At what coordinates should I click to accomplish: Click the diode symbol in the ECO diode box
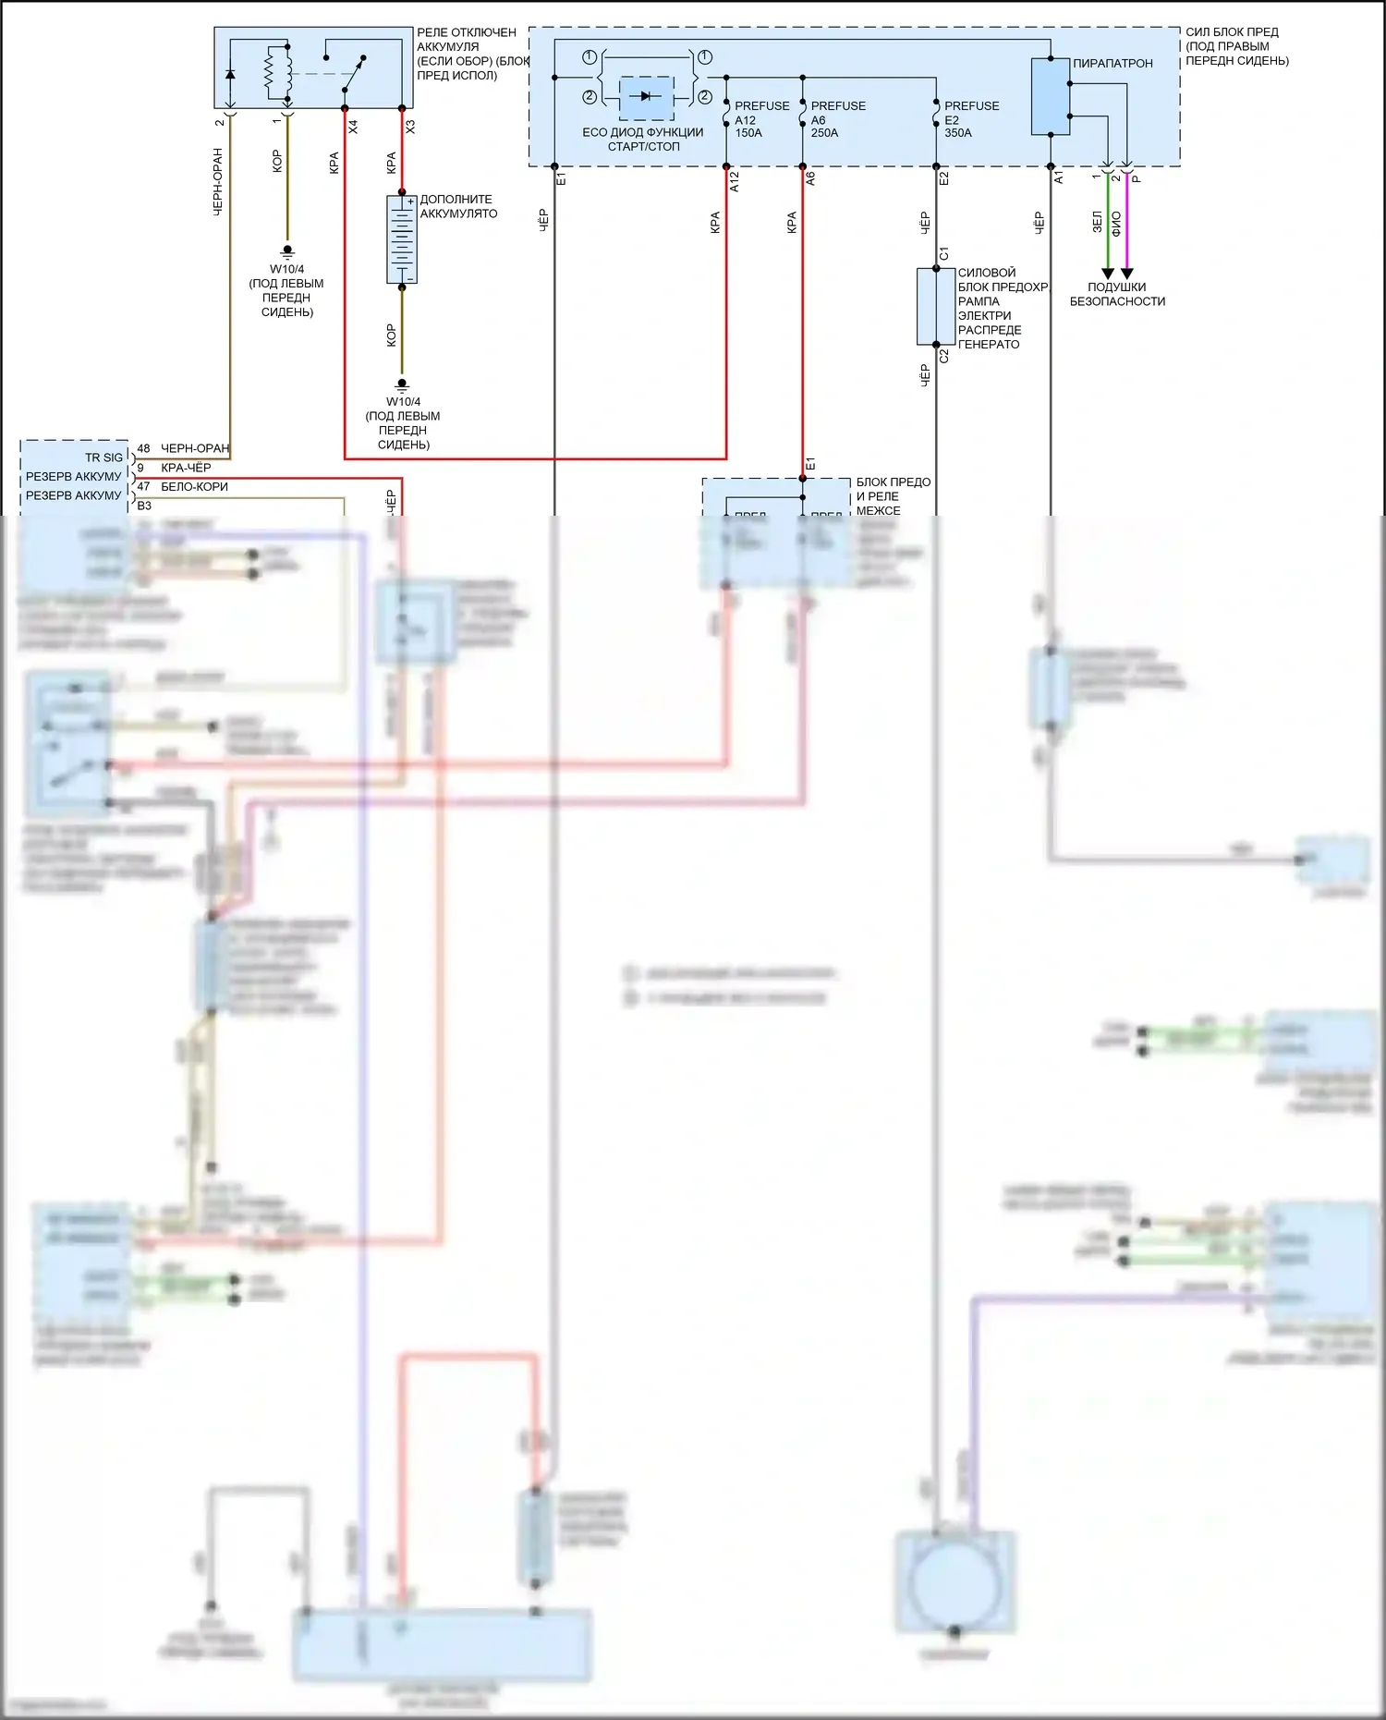click(645, 96)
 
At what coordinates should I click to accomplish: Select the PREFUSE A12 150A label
click(761, 119)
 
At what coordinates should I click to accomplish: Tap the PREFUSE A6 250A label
click(838, 119)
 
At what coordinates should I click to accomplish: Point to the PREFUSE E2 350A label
click(971, 119)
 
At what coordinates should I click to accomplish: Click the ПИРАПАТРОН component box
click(1050, 96)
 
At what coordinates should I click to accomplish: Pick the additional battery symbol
click(402, 239)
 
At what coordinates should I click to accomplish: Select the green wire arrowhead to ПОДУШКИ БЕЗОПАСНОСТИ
click(1108, 274)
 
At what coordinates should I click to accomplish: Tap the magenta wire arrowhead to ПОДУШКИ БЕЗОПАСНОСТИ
click(1127, 274)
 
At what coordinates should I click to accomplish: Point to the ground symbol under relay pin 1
click(287, 250)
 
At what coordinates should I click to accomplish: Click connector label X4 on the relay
click(353, 127)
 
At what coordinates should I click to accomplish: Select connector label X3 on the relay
click(410, 127)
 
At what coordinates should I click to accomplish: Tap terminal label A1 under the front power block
click(1059, 177)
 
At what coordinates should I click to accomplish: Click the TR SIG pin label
click(103, 457)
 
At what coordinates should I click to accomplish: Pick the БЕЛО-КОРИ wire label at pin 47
click(194, 487)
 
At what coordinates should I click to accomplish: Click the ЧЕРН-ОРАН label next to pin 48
click(194, 448)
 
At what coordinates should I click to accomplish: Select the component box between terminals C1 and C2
click(935, 306)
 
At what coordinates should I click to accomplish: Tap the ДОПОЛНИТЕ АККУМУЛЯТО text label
click(458, 206)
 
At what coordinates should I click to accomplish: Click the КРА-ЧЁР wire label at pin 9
click(186, 468)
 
